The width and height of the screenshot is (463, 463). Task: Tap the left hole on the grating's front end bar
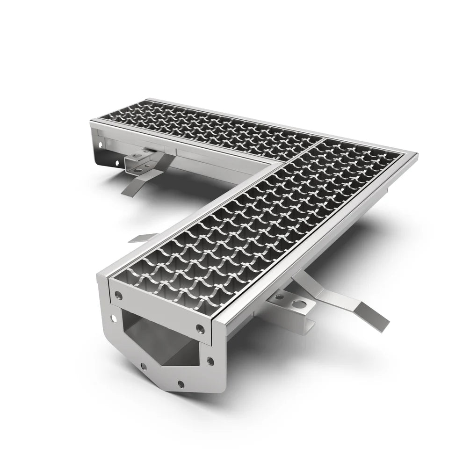[119, 296]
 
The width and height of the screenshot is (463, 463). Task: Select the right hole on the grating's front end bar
[200, 328]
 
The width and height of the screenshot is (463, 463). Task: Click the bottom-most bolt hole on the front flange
[181, 384]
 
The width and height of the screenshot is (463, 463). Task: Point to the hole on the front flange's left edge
[113, 318]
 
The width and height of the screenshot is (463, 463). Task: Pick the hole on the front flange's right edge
[210, 361]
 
